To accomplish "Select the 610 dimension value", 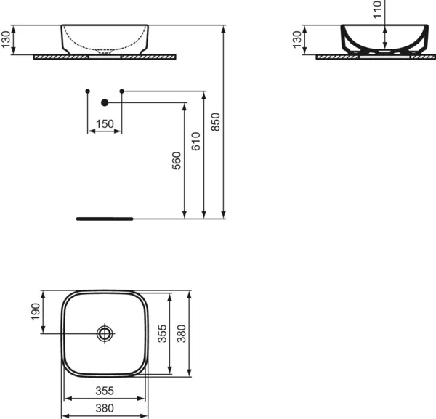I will (195, 140).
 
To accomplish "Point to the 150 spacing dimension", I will (105, 124).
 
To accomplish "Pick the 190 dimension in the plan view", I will (34, 312).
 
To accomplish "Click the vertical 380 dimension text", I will (182, 333).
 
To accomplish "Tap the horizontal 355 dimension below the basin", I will (105, 391).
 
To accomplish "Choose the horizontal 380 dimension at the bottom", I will (105, 408).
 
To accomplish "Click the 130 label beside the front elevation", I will (7, 40).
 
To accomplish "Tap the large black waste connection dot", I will (105, 102).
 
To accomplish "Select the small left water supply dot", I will (87, 91).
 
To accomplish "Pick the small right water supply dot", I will (121, 91).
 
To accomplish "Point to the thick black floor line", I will (105, 217).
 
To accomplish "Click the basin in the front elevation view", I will (105, 38).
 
